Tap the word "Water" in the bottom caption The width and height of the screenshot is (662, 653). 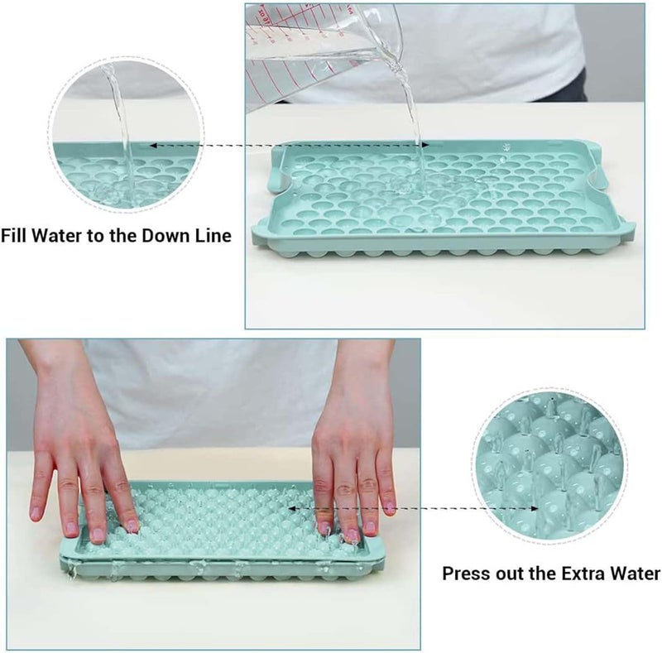coord(632,572)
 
